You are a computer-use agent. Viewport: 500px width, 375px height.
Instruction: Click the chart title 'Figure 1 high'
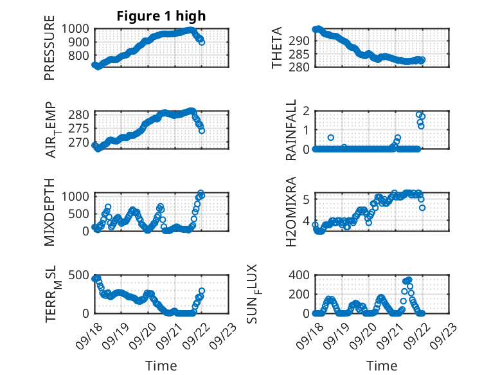pyautogui.click(x=161, y=16)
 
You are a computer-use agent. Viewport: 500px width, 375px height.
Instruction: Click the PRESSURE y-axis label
pyautogui.click(x=49, y=52)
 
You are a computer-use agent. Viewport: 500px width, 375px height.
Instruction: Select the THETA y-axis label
pyautogui.click(x=277, y=48)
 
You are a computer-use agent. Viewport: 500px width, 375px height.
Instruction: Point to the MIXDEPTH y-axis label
pyautogui.click(x=49, y=211)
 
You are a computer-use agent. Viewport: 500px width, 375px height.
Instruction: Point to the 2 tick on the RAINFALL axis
pyautogui.click(x=306, y=111)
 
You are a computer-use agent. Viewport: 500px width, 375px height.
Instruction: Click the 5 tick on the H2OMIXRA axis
pyautogui.click(x=306, y=199)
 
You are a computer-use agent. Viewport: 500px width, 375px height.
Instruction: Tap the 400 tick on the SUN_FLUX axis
pyautogui.click(x=301, y=275)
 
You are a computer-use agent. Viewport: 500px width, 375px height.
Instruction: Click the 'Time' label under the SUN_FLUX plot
pyautogui.click(x=382, y=365)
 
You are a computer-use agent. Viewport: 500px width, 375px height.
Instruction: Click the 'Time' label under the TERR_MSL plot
pyautogui.click(x=161, y=365)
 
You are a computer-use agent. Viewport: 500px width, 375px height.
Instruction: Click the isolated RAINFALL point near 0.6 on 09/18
pyautogui.click(x=331, y=138)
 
